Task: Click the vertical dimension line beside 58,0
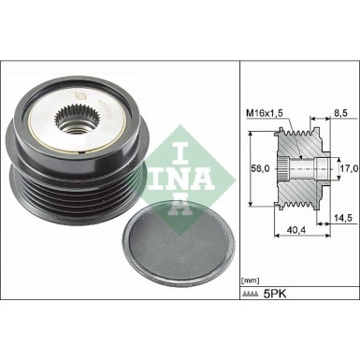(x=254, y=170)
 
